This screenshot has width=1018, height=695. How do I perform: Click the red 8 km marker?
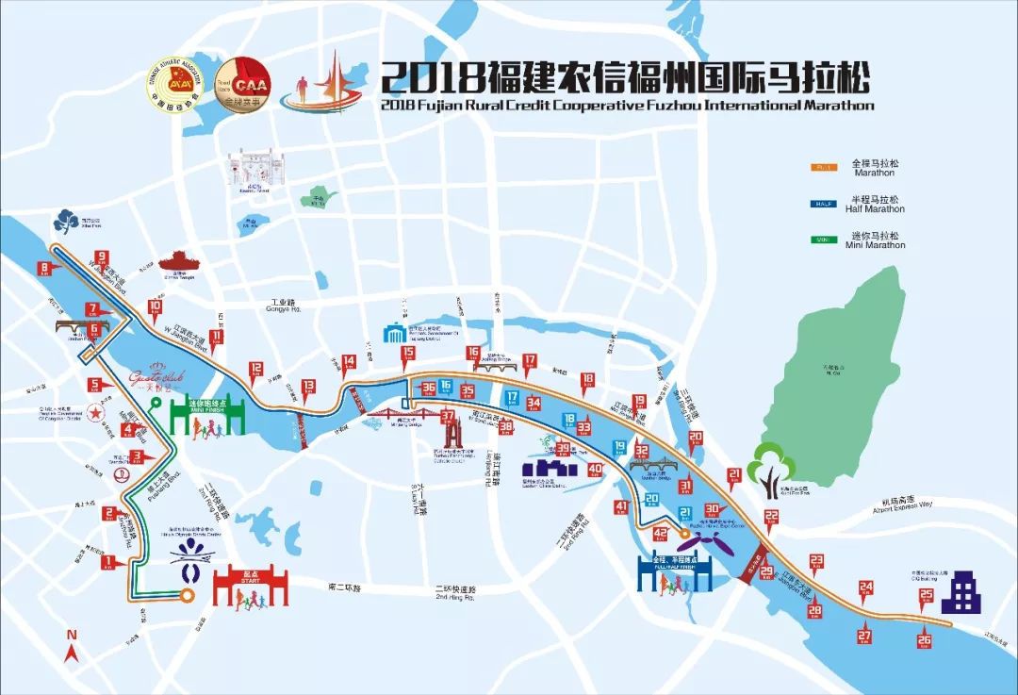[x=44, y=270]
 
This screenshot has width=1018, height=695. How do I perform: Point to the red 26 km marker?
[x=924, y=641]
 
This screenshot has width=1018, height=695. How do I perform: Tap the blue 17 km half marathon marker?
[x=513, y=397]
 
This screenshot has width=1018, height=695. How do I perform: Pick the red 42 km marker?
[x=660, y=534]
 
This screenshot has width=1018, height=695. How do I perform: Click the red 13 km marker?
[x=308, y=386]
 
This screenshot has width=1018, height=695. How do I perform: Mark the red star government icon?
[x=95, y=411]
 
